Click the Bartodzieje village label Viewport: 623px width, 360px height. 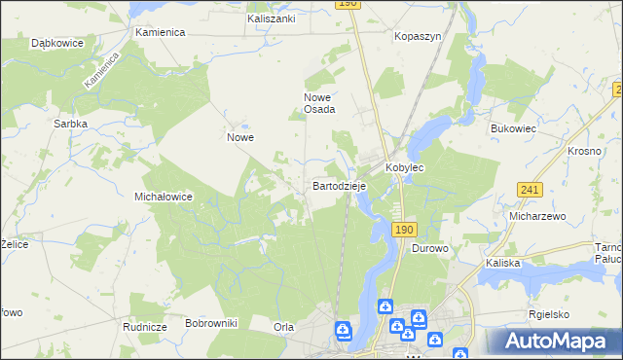[x=339, y=185]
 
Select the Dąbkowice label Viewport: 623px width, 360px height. [x=55, y=44]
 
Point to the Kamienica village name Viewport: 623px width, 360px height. [x=160, y=32]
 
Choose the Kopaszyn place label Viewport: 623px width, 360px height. [x=418, y=36]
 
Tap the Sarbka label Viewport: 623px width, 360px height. [x=71, y=125]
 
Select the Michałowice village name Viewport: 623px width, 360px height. [x=163, y=197]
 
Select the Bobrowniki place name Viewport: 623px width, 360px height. [x=211, y=322]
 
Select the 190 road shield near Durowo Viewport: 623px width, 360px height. [x=405, y=229]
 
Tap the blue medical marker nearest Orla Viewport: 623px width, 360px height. [x=343, y=331]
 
